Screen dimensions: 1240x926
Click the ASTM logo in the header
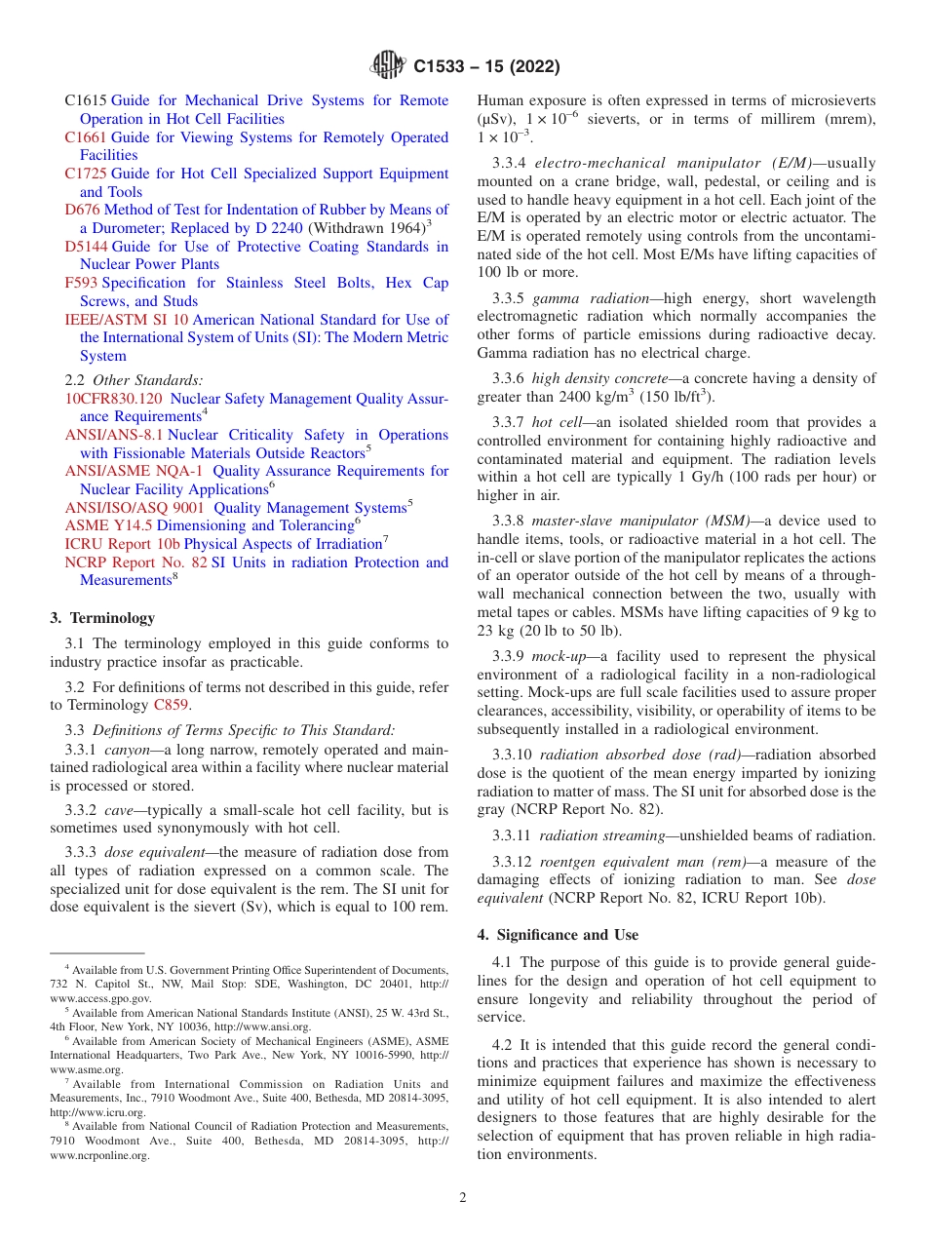pos(389,66)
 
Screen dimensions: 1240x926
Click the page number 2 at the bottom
pos(463,1197)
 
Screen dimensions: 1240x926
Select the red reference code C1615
pos(86,100)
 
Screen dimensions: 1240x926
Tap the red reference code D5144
pos(86,247)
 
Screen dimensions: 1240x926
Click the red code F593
pos(81,283)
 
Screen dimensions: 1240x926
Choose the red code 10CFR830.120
pos(113,399)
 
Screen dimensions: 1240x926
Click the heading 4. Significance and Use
pos(558,935)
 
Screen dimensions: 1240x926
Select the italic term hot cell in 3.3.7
pos(556,422)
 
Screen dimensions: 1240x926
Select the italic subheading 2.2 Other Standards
pos(134,380)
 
